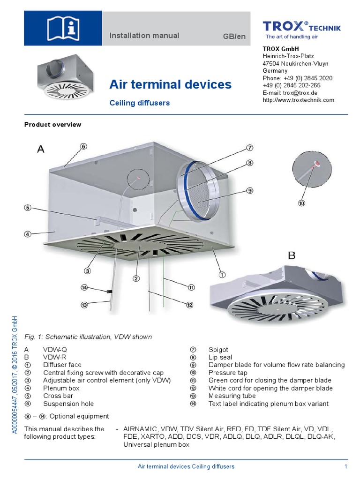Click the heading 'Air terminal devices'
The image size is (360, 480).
[170, 84]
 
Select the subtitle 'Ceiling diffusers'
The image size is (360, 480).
[139, 102]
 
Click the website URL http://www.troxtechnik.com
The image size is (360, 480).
[298, 100]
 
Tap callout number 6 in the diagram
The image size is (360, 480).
[83, 146]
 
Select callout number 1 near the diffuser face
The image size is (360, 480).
[222, 274]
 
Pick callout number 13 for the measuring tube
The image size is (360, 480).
[84, 305]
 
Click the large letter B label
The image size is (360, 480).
[292, 255]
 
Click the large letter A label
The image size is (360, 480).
[41, 149]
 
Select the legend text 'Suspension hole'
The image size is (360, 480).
[68, 404]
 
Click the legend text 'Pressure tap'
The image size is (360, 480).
[226, 372]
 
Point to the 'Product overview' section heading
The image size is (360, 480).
[52, 125]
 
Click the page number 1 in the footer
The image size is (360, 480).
[345, 466]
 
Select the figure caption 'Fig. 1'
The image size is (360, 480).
[88, 337]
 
